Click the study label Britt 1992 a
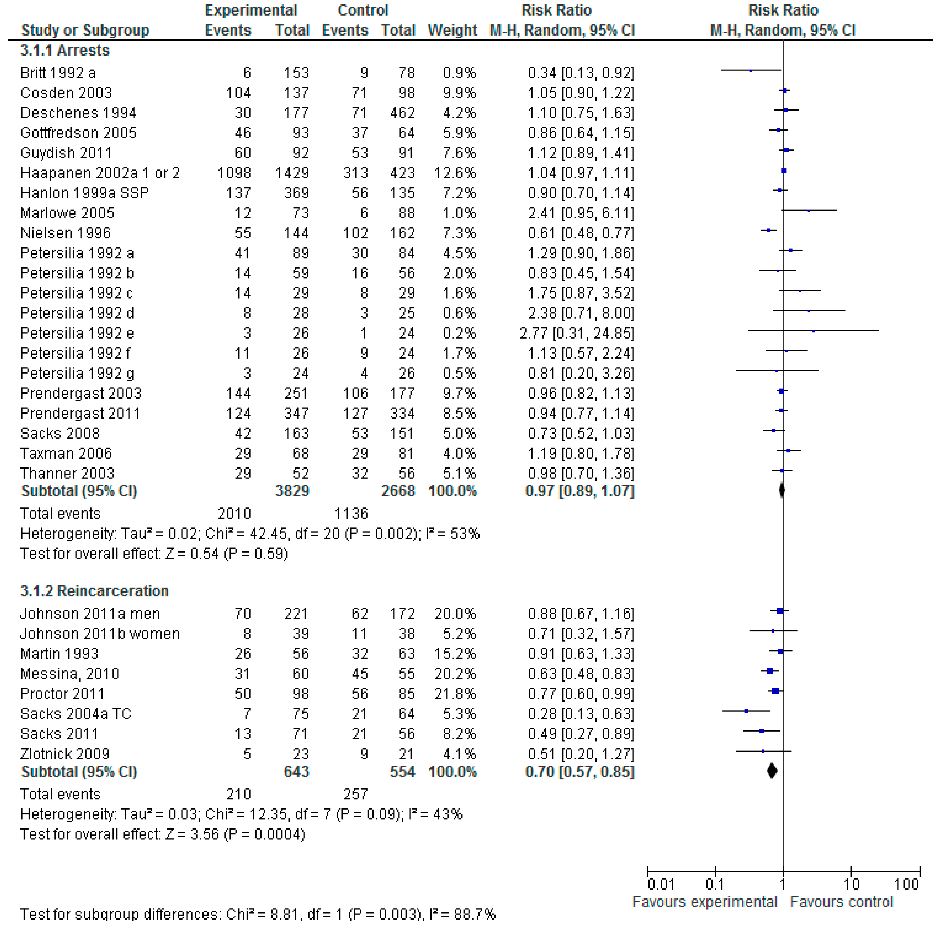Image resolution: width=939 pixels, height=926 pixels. pos(58,73)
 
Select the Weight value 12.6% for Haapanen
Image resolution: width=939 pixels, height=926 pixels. pos(455,173)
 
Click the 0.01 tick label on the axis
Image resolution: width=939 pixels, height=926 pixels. pos(661,884)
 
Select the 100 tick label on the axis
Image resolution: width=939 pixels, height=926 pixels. pos(907,884)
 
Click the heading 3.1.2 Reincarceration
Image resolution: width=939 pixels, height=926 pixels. pos(94,591)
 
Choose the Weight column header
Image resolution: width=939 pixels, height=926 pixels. pos(452,30)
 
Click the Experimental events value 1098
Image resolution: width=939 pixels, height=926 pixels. pos(234,173)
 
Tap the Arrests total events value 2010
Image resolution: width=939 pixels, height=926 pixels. pos(234,514)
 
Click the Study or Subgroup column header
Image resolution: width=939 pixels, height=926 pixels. pos(85,30)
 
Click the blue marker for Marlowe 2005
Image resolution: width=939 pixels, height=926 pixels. pos(809,211)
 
